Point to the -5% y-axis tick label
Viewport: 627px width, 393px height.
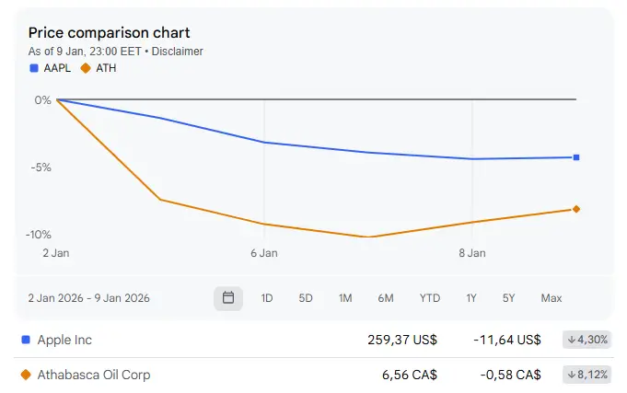[39, 168]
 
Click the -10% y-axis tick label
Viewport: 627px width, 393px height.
[37, 235]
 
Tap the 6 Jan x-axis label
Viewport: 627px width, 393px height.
[264, 252]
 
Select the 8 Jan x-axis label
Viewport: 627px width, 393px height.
[472, 252]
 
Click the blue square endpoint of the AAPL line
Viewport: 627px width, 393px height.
[576, 157]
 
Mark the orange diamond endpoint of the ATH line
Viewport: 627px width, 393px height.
[576, 209]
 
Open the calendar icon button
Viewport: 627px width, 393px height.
[228, 298]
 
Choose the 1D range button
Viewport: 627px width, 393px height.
[267, 298]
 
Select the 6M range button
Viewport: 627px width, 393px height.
[386, 298]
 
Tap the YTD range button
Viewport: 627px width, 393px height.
[430, 298]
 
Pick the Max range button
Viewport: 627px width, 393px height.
[552, 298]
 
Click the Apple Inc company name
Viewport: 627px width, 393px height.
[64, 340]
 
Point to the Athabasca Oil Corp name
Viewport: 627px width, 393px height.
[94, 375]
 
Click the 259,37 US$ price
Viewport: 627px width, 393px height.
[402, 340]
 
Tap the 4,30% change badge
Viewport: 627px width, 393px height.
[587, 340]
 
